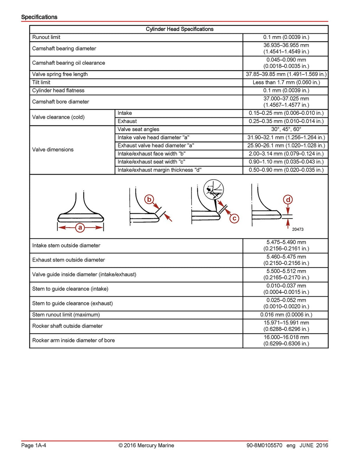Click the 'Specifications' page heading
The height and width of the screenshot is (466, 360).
39,17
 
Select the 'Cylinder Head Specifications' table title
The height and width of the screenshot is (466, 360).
179,29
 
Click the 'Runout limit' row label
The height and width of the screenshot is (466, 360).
46,37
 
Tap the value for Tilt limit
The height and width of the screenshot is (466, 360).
286,83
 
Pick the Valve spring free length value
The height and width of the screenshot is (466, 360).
286,74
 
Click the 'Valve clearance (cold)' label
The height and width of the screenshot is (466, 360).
58,117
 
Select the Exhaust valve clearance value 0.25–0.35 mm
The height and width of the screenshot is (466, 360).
286,121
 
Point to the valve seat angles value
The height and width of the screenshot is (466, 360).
286,129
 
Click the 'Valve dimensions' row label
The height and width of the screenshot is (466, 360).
53,150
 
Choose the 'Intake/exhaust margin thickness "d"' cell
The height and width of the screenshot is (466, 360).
159,170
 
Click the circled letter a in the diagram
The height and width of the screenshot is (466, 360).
80,227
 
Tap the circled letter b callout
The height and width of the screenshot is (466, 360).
149,200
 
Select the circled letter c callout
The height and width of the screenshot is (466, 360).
234,218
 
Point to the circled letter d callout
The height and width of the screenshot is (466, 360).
288,200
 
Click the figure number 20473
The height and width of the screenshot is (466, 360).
297,229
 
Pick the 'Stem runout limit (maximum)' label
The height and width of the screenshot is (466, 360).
66,315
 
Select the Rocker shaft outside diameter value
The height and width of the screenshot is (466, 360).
286,326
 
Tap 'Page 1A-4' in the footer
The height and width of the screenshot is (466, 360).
34,446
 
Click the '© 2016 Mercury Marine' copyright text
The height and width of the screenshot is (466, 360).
146,446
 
